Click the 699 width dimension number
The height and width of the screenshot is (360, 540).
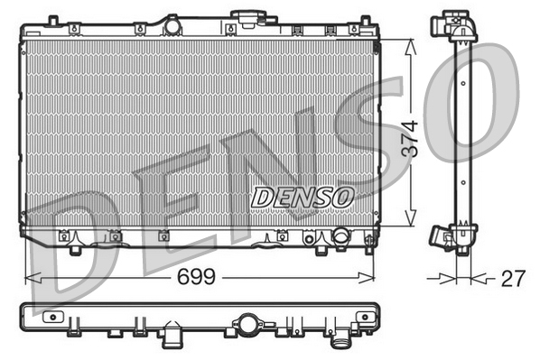coord(197,277)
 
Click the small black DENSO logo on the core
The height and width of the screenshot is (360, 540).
coord(303,196)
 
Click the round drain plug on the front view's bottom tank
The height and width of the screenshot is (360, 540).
coord(340,238)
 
